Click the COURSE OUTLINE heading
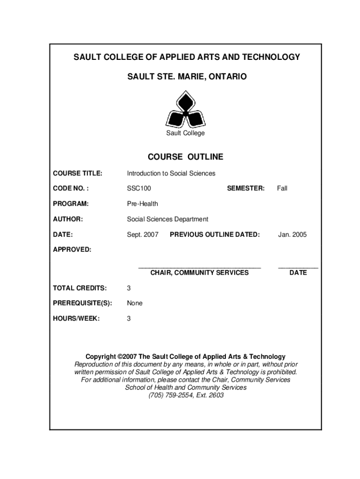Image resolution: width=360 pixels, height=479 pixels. point(186,157)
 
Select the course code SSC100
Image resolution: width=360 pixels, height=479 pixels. point(139,189)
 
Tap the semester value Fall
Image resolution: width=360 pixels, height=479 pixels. point(282,189)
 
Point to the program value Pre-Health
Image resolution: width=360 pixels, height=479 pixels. point(143,204)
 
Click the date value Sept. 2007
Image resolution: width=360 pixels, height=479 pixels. point(143,234)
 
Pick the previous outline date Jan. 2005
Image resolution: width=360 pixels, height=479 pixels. point(292,234)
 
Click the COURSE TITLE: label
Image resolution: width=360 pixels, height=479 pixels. point(77,174)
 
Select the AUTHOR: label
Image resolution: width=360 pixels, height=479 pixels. point(68,219)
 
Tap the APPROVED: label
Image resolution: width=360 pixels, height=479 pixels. point(72,249)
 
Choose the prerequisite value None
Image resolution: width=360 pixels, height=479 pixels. point(135,303)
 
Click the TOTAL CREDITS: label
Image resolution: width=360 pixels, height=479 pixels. point(79,288)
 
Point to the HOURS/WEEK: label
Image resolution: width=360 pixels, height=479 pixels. point(76,319)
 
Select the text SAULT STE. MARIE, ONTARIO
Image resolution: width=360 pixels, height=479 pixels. point(186,76)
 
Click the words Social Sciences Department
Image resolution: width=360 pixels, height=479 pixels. point(167,219)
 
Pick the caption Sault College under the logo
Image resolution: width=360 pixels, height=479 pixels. point(186,133)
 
